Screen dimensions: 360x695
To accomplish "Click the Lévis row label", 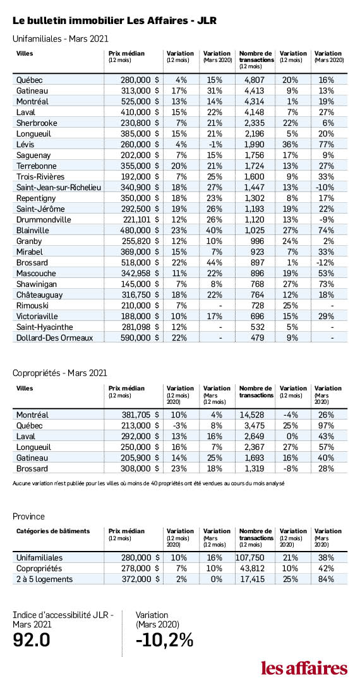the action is click(25, 144).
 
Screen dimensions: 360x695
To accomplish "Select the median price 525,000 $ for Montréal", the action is click(140, 101).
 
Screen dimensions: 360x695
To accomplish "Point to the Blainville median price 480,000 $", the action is click(140, 231).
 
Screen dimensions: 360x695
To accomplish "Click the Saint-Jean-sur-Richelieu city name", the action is click(59, 188).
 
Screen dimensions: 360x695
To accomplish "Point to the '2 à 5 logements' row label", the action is click(44, 579).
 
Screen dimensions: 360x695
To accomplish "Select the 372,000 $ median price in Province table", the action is click(140, 579).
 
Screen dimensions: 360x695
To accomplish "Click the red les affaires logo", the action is click(304, 667).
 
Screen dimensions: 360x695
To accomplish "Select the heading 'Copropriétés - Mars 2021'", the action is click(60, 373).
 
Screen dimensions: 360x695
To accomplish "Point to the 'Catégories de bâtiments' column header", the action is click(53, 531).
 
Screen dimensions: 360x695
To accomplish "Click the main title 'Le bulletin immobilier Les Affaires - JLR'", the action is click(115, 20).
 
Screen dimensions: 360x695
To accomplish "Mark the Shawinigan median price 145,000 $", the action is click(140, 284).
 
